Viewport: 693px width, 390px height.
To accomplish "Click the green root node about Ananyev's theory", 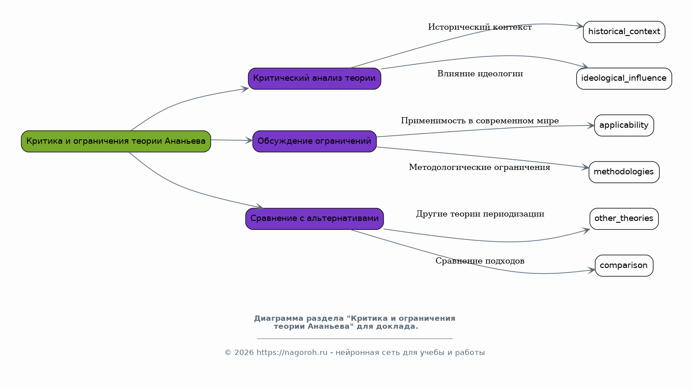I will (x=116, y=141).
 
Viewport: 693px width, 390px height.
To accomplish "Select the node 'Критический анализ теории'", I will (x=314, y=79).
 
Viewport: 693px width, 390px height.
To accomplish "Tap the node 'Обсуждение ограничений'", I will (x=314, y=141).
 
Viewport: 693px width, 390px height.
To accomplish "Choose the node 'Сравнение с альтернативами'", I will (x=314, y=219).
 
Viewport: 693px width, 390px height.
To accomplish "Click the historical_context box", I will (x=624, y=32).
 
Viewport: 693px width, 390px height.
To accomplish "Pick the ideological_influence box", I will (x=624, y=79).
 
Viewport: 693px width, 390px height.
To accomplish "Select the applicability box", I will (x=624, y=126).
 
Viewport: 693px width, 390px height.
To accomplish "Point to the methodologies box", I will (x=624, y=172).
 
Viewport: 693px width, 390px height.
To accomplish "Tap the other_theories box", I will (x=624, y=219).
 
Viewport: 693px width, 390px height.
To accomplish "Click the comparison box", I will (x=624, y=266).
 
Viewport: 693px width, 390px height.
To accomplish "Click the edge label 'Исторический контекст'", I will (x=479, y=28).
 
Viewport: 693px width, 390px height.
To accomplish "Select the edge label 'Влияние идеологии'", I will (x=480, y=74).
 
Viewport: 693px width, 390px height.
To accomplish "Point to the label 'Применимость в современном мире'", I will (x=479, y=121).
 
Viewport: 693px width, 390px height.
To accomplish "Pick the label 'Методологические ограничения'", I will (x=479, y=168).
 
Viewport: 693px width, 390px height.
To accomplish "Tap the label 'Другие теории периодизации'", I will (x=480, y=214).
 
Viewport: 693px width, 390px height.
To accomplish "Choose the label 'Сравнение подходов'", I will (x=480, y=261).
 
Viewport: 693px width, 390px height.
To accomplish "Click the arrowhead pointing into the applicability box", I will (x=591, y=126).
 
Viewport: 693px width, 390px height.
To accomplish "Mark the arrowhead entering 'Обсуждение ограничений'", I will (x=249, y=141).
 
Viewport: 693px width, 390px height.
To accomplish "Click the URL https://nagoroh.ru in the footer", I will (x=292, y=353).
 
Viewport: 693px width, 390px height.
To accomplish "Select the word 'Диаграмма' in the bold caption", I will (x=277, y=319).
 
